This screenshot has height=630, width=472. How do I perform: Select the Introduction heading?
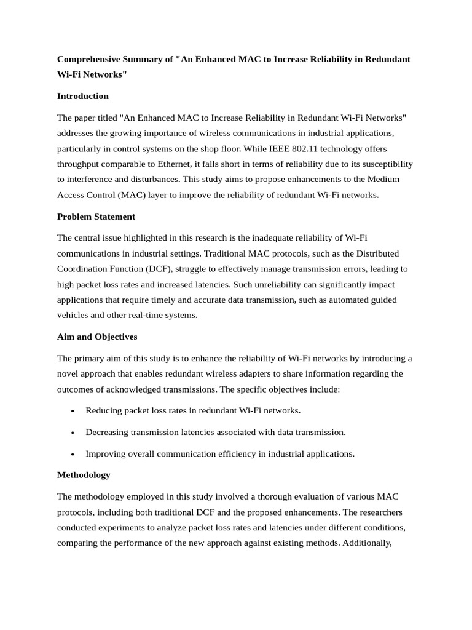82,96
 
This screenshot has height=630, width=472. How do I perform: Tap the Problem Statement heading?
96,217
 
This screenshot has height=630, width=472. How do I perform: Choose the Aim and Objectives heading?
97,337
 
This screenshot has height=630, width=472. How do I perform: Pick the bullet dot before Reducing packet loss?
73,411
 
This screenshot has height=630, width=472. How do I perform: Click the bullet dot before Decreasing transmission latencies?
73,433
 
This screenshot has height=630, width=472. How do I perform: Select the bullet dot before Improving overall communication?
73,454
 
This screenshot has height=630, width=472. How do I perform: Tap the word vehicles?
74,315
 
